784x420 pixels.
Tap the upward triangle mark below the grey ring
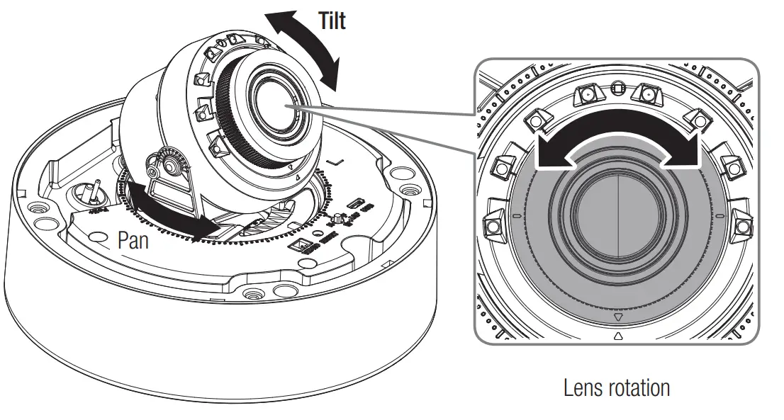tap(617, 337)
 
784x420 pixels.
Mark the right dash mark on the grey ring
tap(718, 215)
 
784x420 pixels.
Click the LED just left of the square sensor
tap(586, 94)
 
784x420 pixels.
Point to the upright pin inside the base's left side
tap(93, 191)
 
